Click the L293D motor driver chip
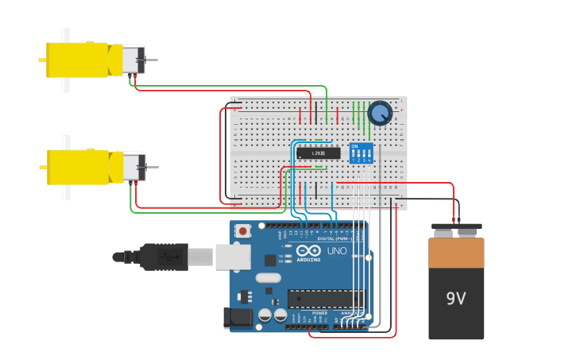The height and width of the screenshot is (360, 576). click(x=319, y=153)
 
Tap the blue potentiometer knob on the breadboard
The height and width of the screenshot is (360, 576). click(x=380, y=113)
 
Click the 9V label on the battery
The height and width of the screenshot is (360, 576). click(x=455, y=299)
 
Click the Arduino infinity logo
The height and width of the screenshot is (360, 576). click(x=308, y=252)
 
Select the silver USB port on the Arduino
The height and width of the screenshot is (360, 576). click(x=233, y=257)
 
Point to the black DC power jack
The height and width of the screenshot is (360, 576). click(x=238, y=318)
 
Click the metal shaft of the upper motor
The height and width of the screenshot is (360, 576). click(x=150, y=60)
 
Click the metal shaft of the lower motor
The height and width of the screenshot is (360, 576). click(x=150, y=168)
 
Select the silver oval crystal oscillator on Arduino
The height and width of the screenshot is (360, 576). click(x=269, y=278)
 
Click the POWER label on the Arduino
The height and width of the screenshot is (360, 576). click(x=319, y=313)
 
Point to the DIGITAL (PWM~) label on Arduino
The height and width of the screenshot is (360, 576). click(x=333, y=238)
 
